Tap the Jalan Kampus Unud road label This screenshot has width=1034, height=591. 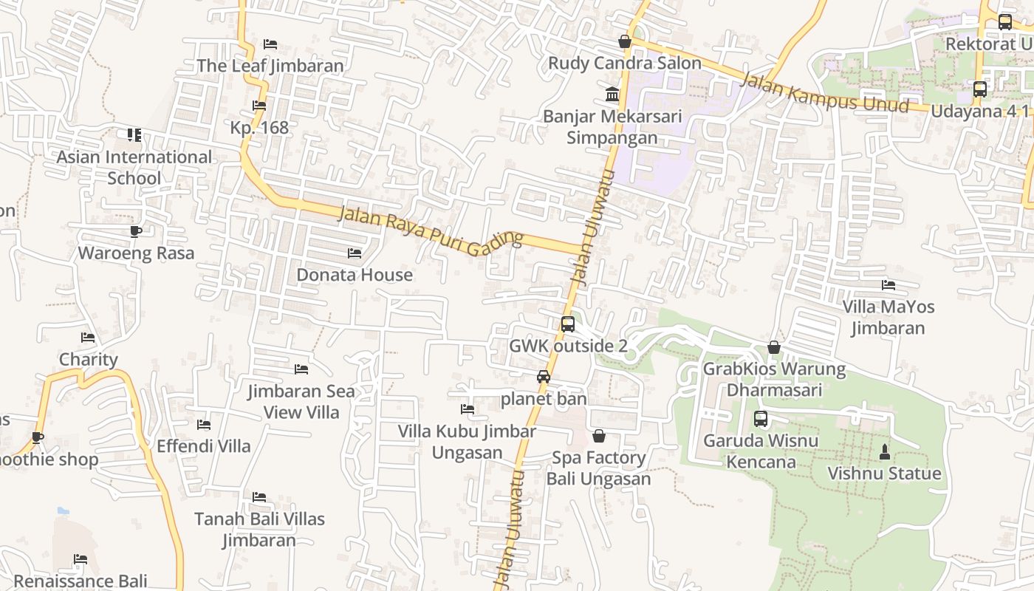[824, 92]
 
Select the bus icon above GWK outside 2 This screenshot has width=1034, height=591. [568, 324]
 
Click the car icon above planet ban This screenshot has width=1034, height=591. [544, 377]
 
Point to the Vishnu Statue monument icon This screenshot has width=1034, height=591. [885, 451]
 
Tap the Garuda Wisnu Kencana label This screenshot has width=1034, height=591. [761, 451]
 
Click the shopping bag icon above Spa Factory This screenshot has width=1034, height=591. [599, 437]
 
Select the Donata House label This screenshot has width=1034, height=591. [355, 275]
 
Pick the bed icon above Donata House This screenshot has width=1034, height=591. [355, 253]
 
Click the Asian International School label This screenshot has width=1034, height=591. [134, 168]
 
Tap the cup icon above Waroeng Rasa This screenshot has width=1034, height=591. [136, 232]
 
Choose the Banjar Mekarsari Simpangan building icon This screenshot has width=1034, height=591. [612, 95]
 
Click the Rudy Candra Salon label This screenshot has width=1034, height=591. [625, 64]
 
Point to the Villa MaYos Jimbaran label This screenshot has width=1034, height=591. [888, 317]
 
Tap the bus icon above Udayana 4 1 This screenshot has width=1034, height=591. [979, 89]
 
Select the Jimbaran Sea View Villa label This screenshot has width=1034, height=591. [301, 401]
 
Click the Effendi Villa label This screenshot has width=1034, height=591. [204, 446]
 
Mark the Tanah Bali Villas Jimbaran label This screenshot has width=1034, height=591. [259, 530]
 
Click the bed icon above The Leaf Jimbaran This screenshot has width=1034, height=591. [270, 44]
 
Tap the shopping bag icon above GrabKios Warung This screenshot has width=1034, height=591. [774, 347]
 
